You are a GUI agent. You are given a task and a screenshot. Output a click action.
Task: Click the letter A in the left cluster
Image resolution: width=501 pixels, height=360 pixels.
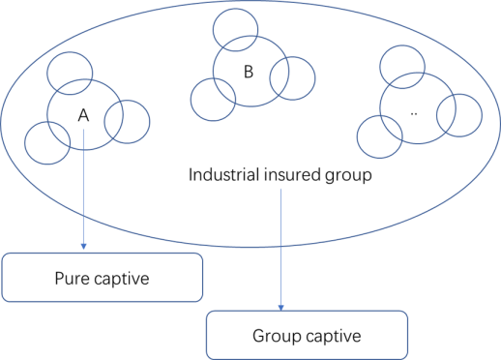83,115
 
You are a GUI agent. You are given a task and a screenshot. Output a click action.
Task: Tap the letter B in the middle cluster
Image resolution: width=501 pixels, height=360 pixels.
249,72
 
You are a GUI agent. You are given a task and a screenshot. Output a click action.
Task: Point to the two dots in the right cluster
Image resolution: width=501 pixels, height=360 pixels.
414,113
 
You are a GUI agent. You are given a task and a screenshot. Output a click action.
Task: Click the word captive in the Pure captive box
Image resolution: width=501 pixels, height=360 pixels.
122,279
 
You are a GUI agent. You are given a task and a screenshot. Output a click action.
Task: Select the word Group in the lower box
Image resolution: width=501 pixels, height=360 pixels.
278,336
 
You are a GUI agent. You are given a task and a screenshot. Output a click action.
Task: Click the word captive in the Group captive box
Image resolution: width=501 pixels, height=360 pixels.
334,336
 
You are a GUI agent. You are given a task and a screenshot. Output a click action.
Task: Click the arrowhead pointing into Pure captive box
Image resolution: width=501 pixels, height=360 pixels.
84,247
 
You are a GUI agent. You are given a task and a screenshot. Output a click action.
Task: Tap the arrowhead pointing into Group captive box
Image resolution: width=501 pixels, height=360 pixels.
281,308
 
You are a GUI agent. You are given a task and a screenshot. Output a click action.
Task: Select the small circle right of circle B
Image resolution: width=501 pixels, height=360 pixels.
315,78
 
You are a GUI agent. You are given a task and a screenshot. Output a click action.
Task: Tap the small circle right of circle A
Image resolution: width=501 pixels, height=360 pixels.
150,122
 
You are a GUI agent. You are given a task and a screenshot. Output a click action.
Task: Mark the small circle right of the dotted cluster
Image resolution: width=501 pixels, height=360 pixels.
482,115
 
